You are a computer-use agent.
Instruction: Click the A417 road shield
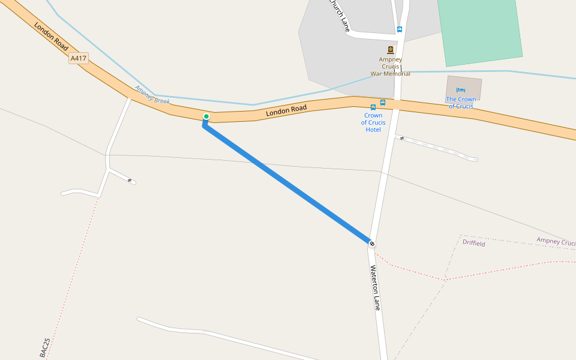tap(79, 58)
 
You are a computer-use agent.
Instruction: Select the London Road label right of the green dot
tap(286, 110)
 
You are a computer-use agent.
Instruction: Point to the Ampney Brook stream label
tap(152, 95)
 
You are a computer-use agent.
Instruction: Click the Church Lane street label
tap(338, 14)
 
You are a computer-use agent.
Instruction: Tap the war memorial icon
tap(391, 50)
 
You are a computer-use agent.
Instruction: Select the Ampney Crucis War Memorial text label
tap(390, 67)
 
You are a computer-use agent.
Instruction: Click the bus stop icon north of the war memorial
tap(400, 29)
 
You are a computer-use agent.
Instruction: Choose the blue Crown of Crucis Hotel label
tap(373, 122)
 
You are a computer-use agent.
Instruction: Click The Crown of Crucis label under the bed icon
tap(461, 103)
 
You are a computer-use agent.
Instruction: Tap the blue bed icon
tap(461, 90)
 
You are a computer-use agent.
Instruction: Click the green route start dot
tap(206, 116)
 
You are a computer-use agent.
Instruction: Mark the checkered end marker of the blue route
tap(373, 244)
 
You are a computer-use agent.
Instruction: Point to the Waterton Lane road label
tap(375, 288)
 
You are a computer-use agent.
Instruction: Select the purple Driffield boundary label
tap(474, 243)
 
